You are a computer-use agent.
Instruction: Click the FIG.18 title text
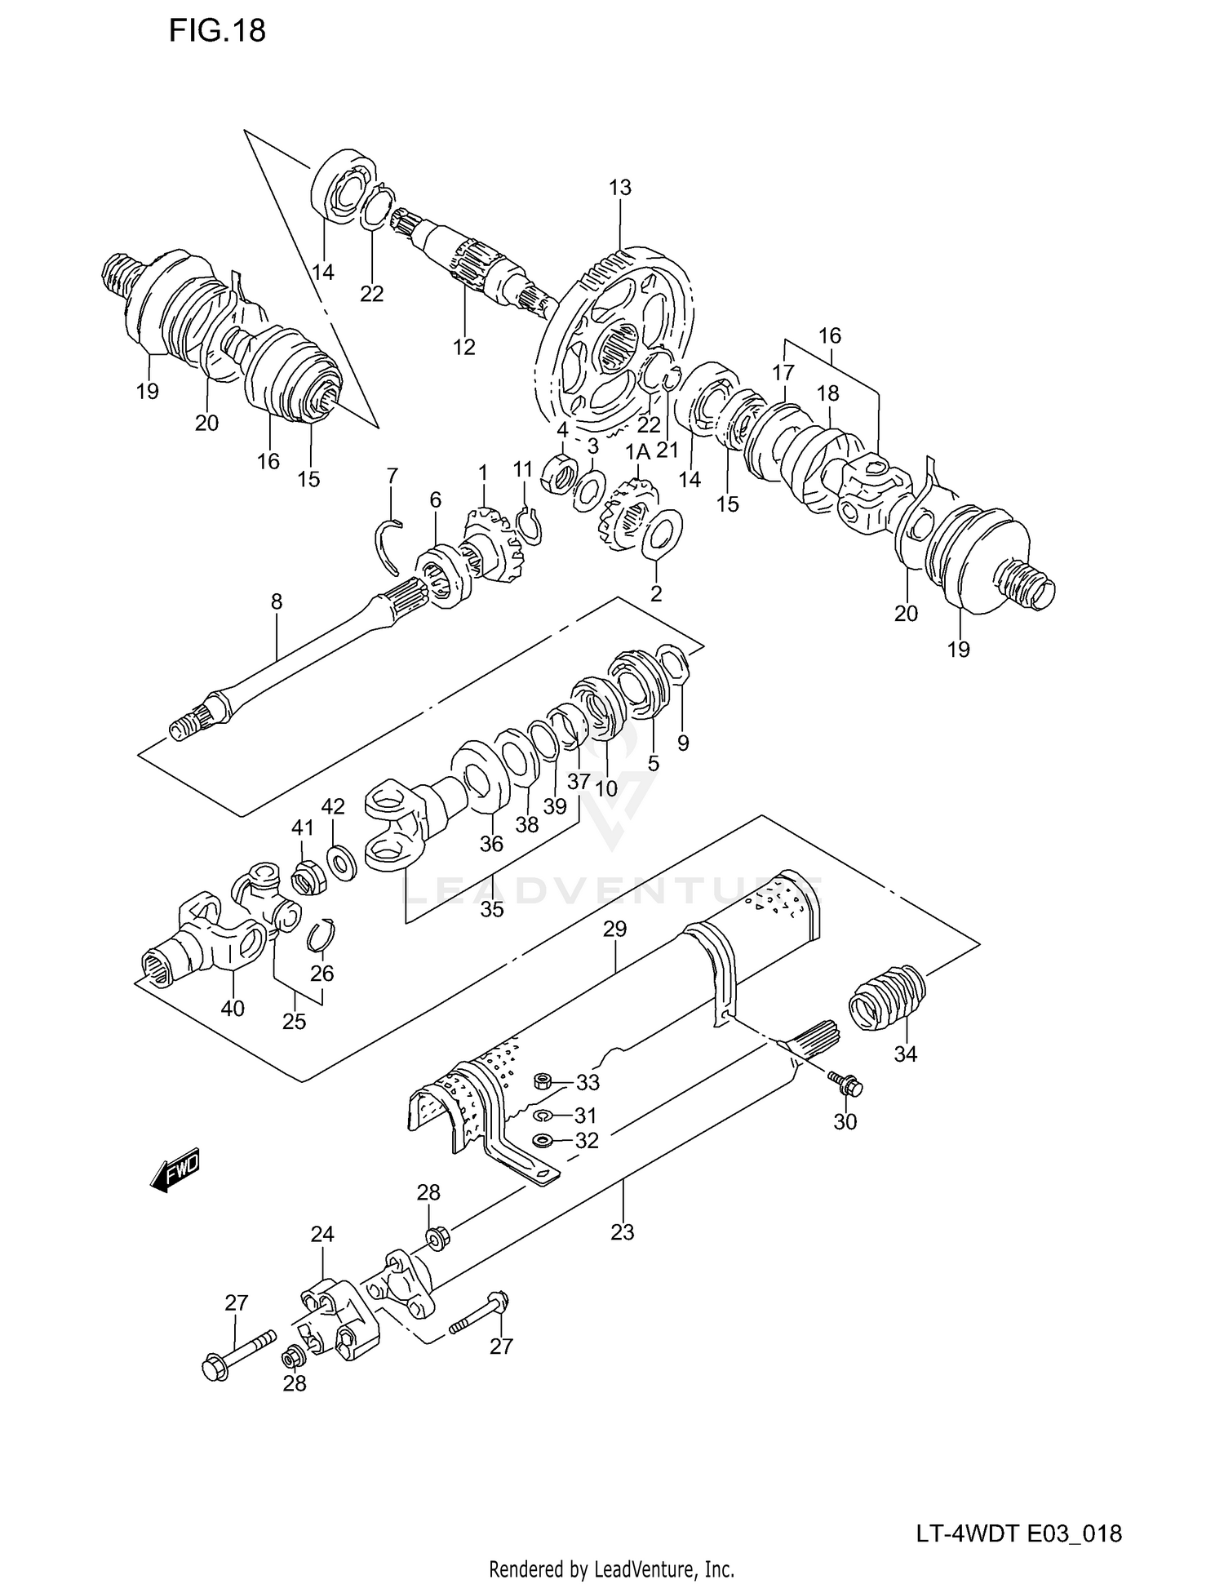[x=217, y=31]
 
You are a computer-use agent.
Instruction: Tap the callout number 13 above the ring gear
[x=619, y=188]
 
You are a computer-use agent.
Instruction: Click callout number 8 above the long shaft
[x=277, y=602]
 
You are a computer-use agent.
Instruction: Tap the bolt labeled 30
[x=846, y=1085]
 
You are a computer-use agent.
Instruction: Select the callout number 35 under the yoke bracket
[x=491, y=908]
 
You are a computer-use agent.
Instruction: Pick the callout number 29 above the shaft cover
[x=614, y=929]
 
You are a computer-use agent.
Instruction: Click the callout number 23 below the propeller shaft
[x=622, y=1231]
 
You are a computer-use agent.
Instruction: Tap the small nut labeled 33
[x=540, y=1082]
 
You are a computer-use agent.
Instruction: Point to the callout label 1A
[x=637, y=452]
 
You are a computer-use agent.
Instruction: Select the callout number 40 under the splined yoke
[x=233, y=1009]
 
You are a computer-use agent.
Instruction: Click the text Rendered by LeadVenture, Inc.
[x=611, y=1568]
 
